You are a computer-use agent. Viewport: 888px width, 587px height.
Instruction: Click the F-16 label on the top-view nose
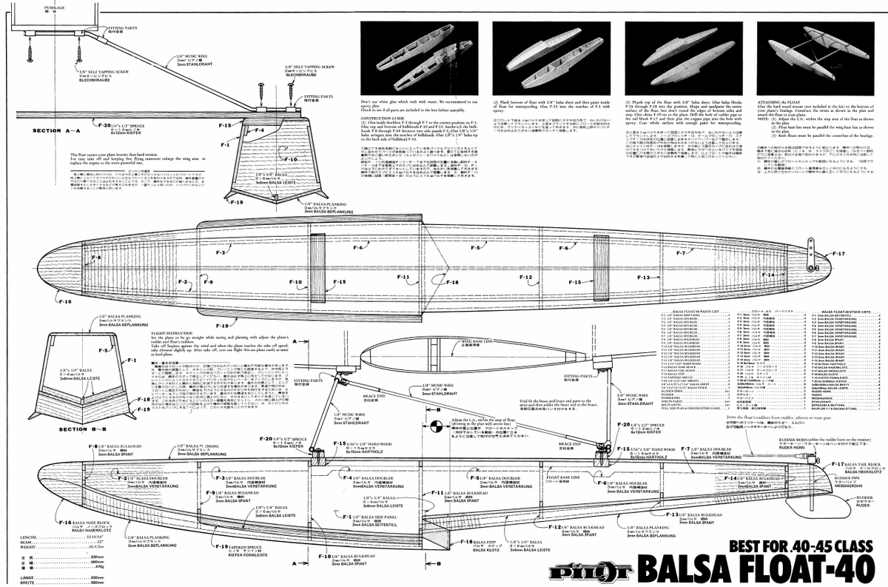coord(65,301)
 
